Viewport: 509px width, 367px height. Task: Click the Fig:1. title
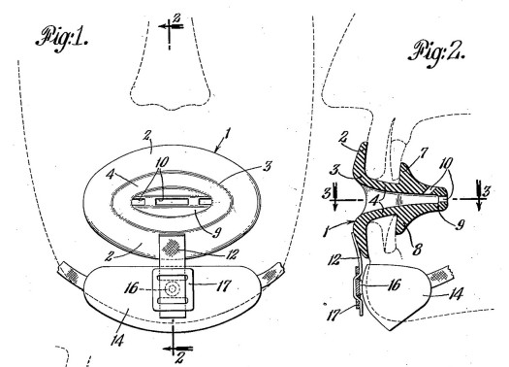[x=61, y=40]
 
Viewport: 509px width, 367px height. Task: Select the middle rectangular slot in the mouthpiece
[x=172, y=202]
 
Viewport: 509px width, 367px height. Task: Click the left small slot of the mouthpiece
[x=138, y=202]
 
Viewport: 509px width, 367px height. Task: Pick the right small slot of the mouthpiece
[x=206, y=202]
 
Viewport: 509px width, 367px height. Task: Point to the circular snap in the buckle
[x=172, y=288]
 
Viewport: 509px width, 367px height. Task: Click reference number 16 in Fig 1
[x=132, y=288]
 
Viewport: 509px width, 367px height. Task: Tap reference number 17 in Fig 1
[x=223, y=285]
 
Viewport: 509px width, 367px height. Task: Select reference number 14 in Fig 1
[x=117, y=340]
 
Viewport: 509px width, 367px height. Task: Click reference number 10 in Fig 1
[x=162, y=161]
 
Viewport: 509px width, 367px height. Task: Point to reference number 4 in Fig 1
[x=111, y=176]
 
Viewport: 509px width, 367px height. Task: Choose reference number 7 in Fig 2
[x=423, y=153]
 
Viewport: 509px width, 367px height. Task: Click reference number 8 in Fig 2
[x=417, y=250]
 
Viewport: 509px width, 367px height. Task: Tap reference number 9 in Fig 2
[x=459, y=224]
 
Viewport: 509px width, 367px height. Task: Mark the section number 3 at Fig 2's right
[x=486, y=192]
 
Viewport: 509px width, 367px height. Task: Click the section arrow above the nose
[x=171, y=25]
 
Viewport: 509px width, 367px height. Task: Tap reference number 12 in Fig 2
[x=334, y=261]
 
